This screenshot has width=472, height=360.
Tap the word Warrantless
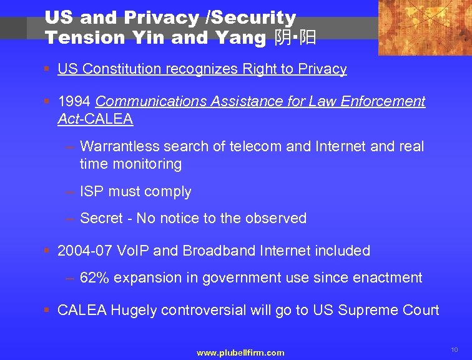click(x=119, y=147)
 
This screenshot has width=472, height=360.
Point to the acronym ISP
click(x=92, y=192)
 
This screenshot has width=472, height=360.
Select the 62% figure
click(x=94, y=278)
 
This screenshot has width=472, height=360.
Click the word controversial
click(x=216, y=311)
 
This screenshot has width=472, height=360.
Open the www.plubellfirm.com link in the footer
click(x=240, y=353)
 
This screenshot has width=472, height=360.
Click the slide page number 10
click(x=454, y=349)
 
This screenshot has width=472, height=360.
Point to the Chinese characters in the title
click(x=295, y=38)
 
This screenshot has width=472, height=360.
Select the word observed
click(x=278, y=219)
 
